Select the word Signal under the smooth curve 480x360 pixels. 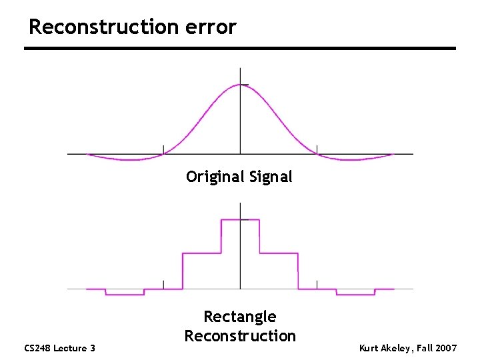tap(270, 177)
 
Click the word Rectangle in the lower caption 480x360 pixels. tap(239, 317)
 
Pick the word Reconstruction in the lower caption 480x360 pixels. tap(239, 335)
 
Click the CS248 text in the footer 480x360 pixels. tap(38, 348)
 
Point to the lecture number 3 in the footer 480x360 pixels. tap(93, 348)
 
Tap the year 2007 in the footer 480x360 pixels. tap(444, 348)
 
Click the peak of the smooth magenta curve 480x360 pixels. tap(241, 85)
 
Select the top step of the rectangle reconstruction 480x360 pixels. tap(240, 219)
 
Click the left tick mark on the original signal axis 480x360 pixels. tap(163, 149)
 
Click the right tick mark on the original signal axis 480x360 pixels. tap(317, 149)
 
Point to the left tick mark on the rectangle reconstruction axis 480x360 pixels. tap(163, 284)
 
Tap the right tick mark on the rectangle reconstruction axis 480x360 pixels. tap(317, 284)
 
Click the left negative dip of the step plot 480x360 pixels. tap(125, 294)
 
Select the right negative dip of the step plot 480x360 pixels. tap(355, 294)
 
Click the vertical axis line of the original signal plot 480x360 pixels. tap(240, 120)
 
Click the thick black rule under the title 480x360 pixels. tap(240, 48)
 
